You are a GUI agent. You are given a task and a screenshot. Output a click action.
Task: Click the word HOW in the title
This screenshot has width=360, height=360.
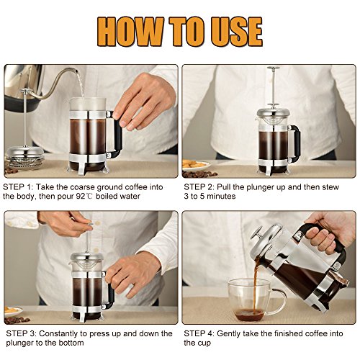click(x=131, y=32)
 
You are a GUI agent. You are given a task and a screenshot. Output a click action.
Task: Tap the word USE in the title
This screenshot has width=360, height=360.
click(x=236, y=32)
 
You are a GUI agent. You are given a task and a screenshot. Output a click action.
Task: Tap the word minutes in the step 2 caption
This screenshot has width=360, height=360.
click(x=221, y=197)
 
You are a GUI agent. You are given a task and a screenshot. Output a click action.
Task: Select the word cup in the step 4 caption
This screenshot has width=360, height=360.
click(x=204, y=343)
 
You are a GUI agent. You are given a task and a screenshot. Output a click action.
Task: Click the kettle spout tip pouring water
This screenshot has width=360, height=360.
click(x=76, y=71)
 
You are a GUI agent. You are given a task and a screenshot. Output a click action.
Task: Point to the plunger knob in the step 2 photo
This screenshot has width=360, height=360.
click(x=274, y=68)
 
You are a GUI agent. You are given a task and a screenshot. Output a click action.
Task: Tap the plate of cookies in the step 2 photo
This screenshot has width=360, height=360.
click(x=196, y=165)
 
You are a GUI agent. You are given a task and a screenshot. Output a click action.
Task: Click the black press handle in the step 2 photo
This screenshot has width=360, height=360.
click(x=295, y=142)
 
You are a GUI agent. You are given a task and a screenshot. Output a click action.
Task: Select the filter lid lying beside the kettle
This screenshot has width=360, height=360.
click(x=25, y=156)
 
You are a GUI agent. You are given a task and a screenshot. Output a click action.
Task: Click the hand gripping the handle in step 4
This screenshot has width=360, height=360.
click(x=329, y=233)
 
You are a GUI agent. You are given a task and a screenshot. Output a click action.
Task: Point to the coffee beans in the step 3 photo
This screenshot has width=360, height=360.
click(x=17, y=320)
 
